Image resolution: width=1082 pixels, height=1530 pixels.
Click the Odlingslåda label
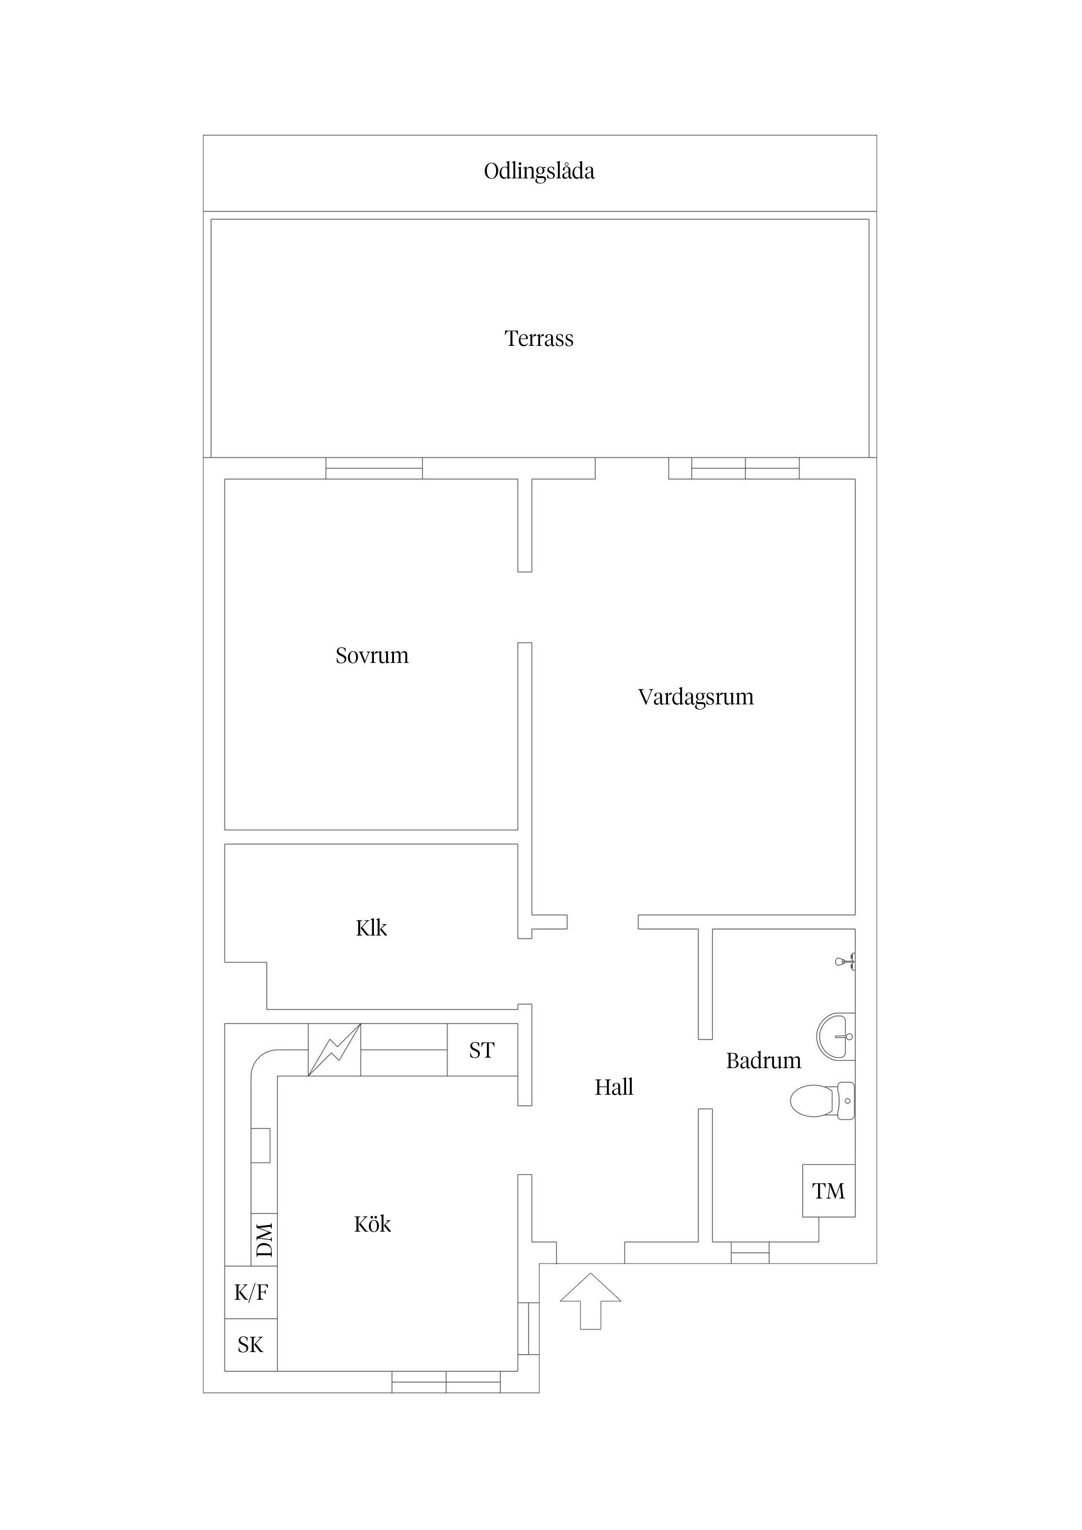[x=539, y=171]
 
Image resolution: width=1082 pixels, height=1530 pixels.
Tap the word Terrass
[x=539, y=338]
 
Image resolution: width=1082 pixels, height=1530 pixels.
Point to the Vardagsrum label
[x=695, y=697]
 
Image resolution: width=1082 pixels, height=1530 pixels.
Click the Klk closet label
[x=371, y=928]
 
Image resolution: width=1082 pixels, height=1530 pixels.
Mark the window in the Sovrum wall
[x=374, y=468]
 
